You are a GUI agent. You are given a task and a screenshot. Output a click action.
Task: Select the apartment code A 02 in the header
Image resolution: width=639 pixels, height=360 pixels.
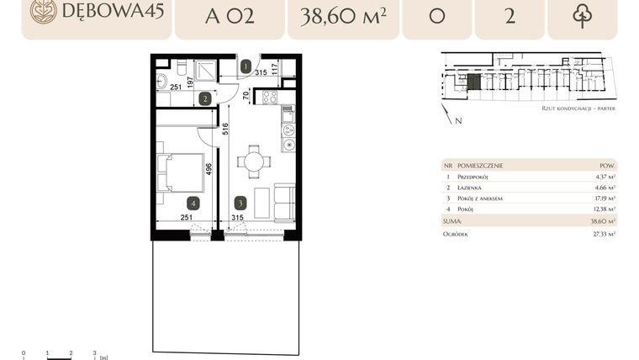230,15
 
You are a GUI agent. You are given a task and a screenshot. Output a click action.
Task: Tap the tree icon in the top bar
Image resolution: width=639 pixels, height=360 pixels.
582,15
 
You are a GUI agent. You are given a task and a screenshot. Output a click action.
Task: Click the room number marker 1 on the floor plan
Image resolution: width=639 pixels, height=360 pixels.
246,66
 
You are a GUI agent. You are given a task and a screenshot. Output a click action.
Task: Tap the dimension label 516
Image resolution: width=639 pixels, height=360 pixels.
225,130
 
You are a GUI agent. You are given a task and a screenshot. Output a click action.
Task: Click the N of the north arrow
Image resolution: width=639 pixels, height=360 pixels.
458,121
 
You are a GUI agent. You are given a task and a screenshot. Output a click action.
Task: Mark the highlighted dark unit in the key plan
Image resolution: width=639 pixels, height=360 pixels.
474,82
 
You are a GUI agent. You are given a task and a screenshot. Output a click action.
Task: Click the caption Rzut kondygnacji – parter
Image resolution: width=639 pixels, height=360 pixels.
578,109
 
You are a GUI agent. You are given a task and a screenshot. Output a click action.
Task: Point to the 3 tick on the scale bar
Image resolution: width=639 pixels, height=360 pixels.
95,354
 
